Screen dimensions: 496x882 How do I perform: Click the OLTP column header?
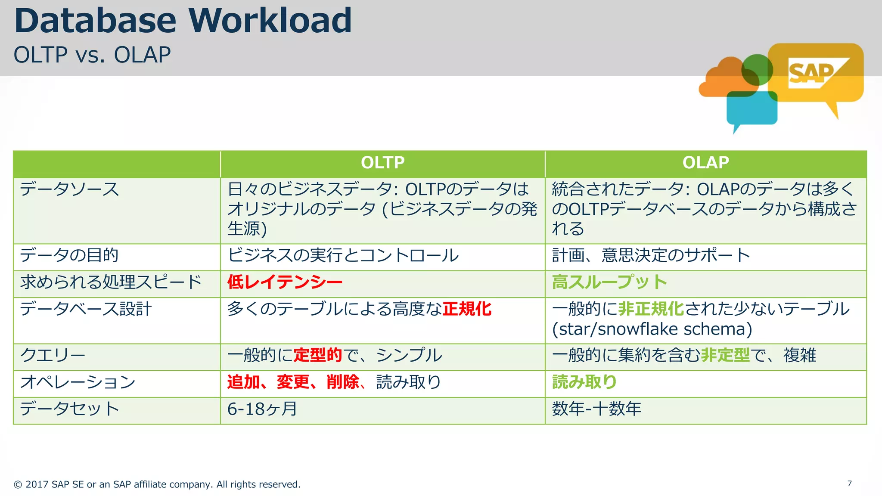382,163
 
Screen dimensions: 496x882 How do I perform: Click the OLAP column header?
705,163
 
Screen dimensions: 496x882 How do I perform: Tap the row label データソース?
69,189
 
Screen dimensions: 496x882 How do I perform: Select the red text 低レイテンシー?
285,282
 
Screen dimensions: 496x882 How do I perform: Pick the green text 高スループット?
609,282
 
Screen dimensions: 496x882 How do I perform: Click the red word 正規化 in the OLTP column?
467,309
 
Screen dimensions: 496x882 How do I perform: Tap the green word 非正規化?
651,309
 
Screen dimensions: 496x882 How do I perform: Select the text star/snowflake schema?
652,329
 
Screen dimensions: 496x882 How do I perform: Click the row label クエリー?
53,356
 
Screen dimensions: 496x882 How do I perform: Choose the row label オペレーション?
78,382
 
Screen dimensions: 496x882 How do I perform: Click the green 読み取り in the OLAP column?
584,382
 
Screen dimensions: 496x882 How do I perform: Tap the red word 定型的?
317,356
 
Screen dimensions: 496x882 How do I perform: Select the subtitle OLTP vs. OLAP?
92,55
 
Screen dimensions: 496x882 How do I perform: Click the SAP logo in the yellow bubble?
812,73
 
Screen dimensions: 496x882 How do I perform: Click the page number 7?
849,484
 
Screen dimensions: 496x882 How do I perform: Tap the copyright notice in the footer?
157,484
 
